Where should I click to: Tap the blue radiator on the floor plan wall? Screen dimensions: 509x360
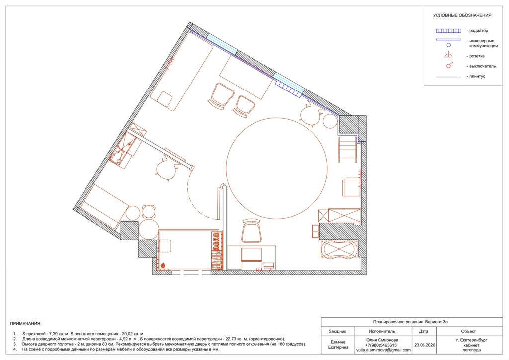288,89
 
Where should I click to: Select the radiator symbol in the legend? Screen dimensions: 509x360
449,31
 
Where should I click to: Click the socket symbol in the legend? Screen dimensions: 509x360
449,55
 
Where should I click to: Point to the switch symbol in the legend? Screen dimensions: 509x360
449,65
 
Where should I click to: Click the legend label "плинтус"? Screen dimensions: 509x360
477,76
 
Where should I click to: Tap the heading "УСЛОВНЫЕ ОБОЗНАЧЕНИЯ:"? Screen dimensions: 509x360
463,15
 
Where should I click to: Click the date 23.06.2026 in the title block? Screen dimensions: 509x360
424,345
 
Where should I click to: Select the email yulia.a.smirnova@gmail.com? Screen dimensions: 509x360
383,350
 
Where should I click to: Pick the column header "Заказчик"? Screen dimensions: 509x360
338,332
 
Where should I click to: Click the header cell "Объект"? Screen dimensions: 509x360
468,332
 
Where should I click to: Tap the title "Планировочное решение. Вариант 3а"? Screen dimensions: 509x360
411,322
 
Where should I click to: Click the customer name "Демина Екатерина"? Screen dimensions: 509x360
338,345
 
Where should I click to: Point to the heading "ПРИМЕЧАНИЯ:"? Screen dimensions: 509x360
26,324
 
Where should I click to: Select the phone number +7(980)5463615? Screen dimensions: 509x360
381,345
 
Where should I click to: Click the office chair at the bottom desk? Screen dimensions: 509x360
251,231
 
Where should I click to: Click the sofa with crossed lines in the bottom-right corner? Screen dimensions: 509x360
339,249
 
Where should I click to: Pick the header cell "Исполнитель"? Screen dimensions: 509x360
382,332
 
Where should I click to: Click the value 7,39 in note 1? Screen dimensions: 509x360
54,334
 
